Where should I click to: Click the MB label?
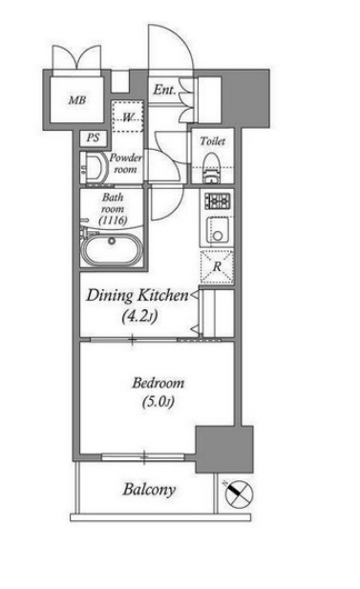pyautogui.click(x=77, y=100)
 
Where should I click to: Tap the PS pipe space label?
pyautogui.click(x=94, y=137)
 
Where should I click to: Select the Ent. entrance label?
pyautogui.click(x=164, y=90)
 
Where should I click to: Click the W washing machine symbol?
pyautogui.click(x=128, y=116)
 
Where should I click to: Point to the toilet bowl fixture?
pyautogui.click(x=211, y=168)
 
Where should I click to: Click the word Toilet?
pyautogui.click(x=213, y=141)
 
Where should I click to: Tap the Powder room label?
pyautogui.click(x=126, y=163)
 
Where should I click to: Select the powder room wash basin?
pyautogui.click(x=94, y=169)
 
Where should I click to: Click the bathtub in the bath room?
pyautogui.click(x=112, y=249)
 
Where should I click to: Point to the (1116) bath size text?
pyautogui.click(x=113, y=221)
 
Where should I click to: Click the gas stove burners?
pyautogui.click(x=218, y=200)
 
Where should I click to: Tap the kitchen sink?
pyautogui.click(x=218, y=231)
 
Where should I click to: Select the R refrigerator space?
pyautogui.click(x=217, y=266)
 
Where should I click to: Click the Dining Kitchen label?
pyautogui.click(x=138, y=296)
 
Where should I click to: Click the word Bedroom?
pyautogui.click(x=159, y=383)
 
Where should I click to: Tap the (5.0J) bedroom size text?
pyautogui.click(x=159, y=402)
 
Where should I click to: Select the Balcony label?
pyautogui.click(x=149, y=490)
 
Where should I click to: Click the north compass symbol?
pyautogui.click(x=238, y=493)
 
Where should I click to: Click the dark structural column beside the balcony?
pyautogui.click(x=224, y=450)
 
